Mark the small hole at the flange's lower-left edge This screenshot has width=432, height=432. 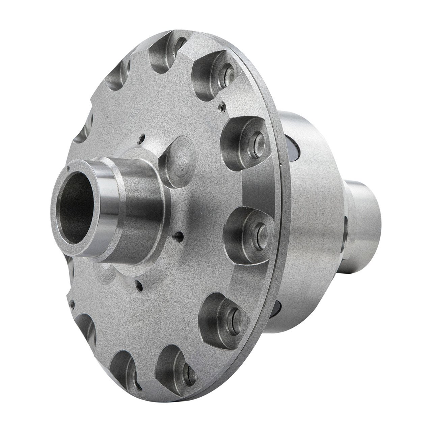pyautogui.click(x=72, y=306)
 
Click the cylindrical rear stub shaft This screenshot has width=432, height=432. pyautogui.click(x=366, y=216)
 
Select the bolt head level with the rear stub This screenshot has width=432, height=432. pyautogui.click(x=258, y=230)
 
